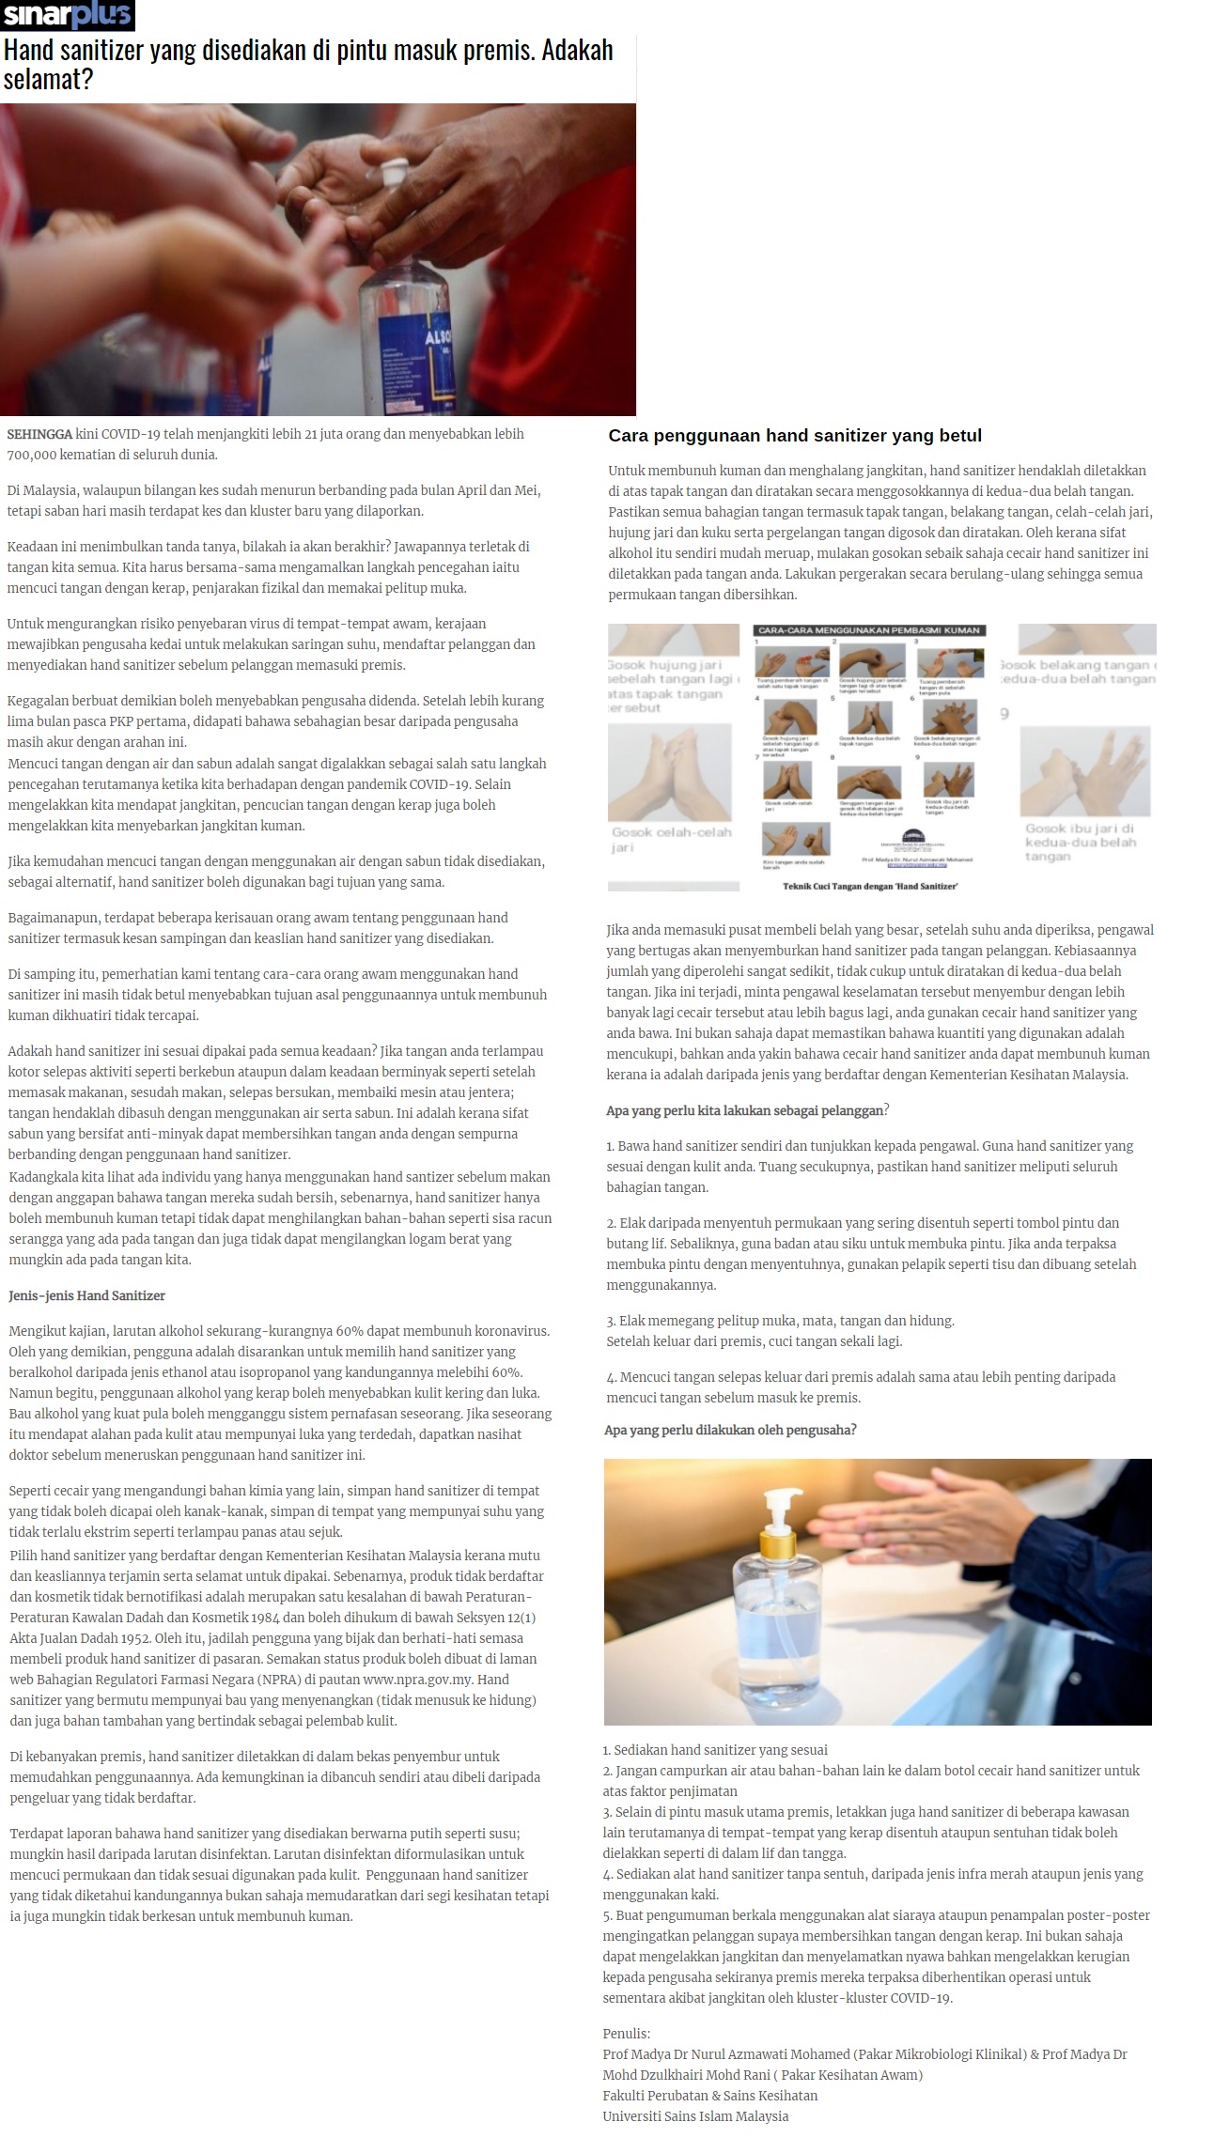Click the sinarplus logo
click(68, 16)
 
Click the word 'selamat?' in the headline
click(48, 79)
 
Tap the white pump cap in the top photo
click(394, 168)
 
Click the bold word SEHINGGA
click(39, 435)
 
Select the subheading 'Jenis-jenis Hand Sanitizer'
click(86, 1295)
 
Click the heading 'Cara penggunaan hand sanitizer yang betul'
click(794, 436)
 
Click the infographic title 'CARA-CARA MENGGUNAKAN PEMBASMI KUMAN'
click(868, 630)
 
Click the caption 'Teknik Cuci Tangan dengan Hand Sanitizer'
click(870, 886)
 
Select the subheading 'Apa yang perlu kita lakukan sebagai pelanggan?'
click(747, 1110)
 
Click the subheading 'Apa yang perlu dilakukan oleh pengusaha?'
click(730, 1430)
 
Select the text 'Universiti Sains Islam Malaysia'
click(695, 2116)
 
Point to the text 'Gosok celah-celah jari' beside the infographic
click(671, 839)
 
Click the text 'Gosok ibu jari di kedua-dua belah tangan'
click(1079, 842)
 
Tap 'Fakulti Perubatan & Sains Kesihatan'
click(709, 2096)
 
